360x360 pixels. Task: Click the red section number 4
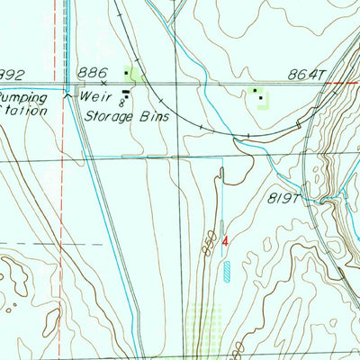click(226, 240)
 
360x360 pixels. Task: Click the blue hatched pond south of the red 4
click(227, 268)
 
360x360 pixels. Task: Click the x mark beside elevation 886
click(104, 83)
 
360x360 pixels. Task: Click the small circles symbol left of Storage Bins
click(122, 103)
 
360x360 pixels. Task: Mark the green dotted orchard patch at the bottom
click(204, 323)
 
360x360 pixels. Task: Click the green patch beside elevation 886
click(135, 75)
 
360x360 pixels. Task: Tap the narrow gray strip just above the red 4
click(222, 227)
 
